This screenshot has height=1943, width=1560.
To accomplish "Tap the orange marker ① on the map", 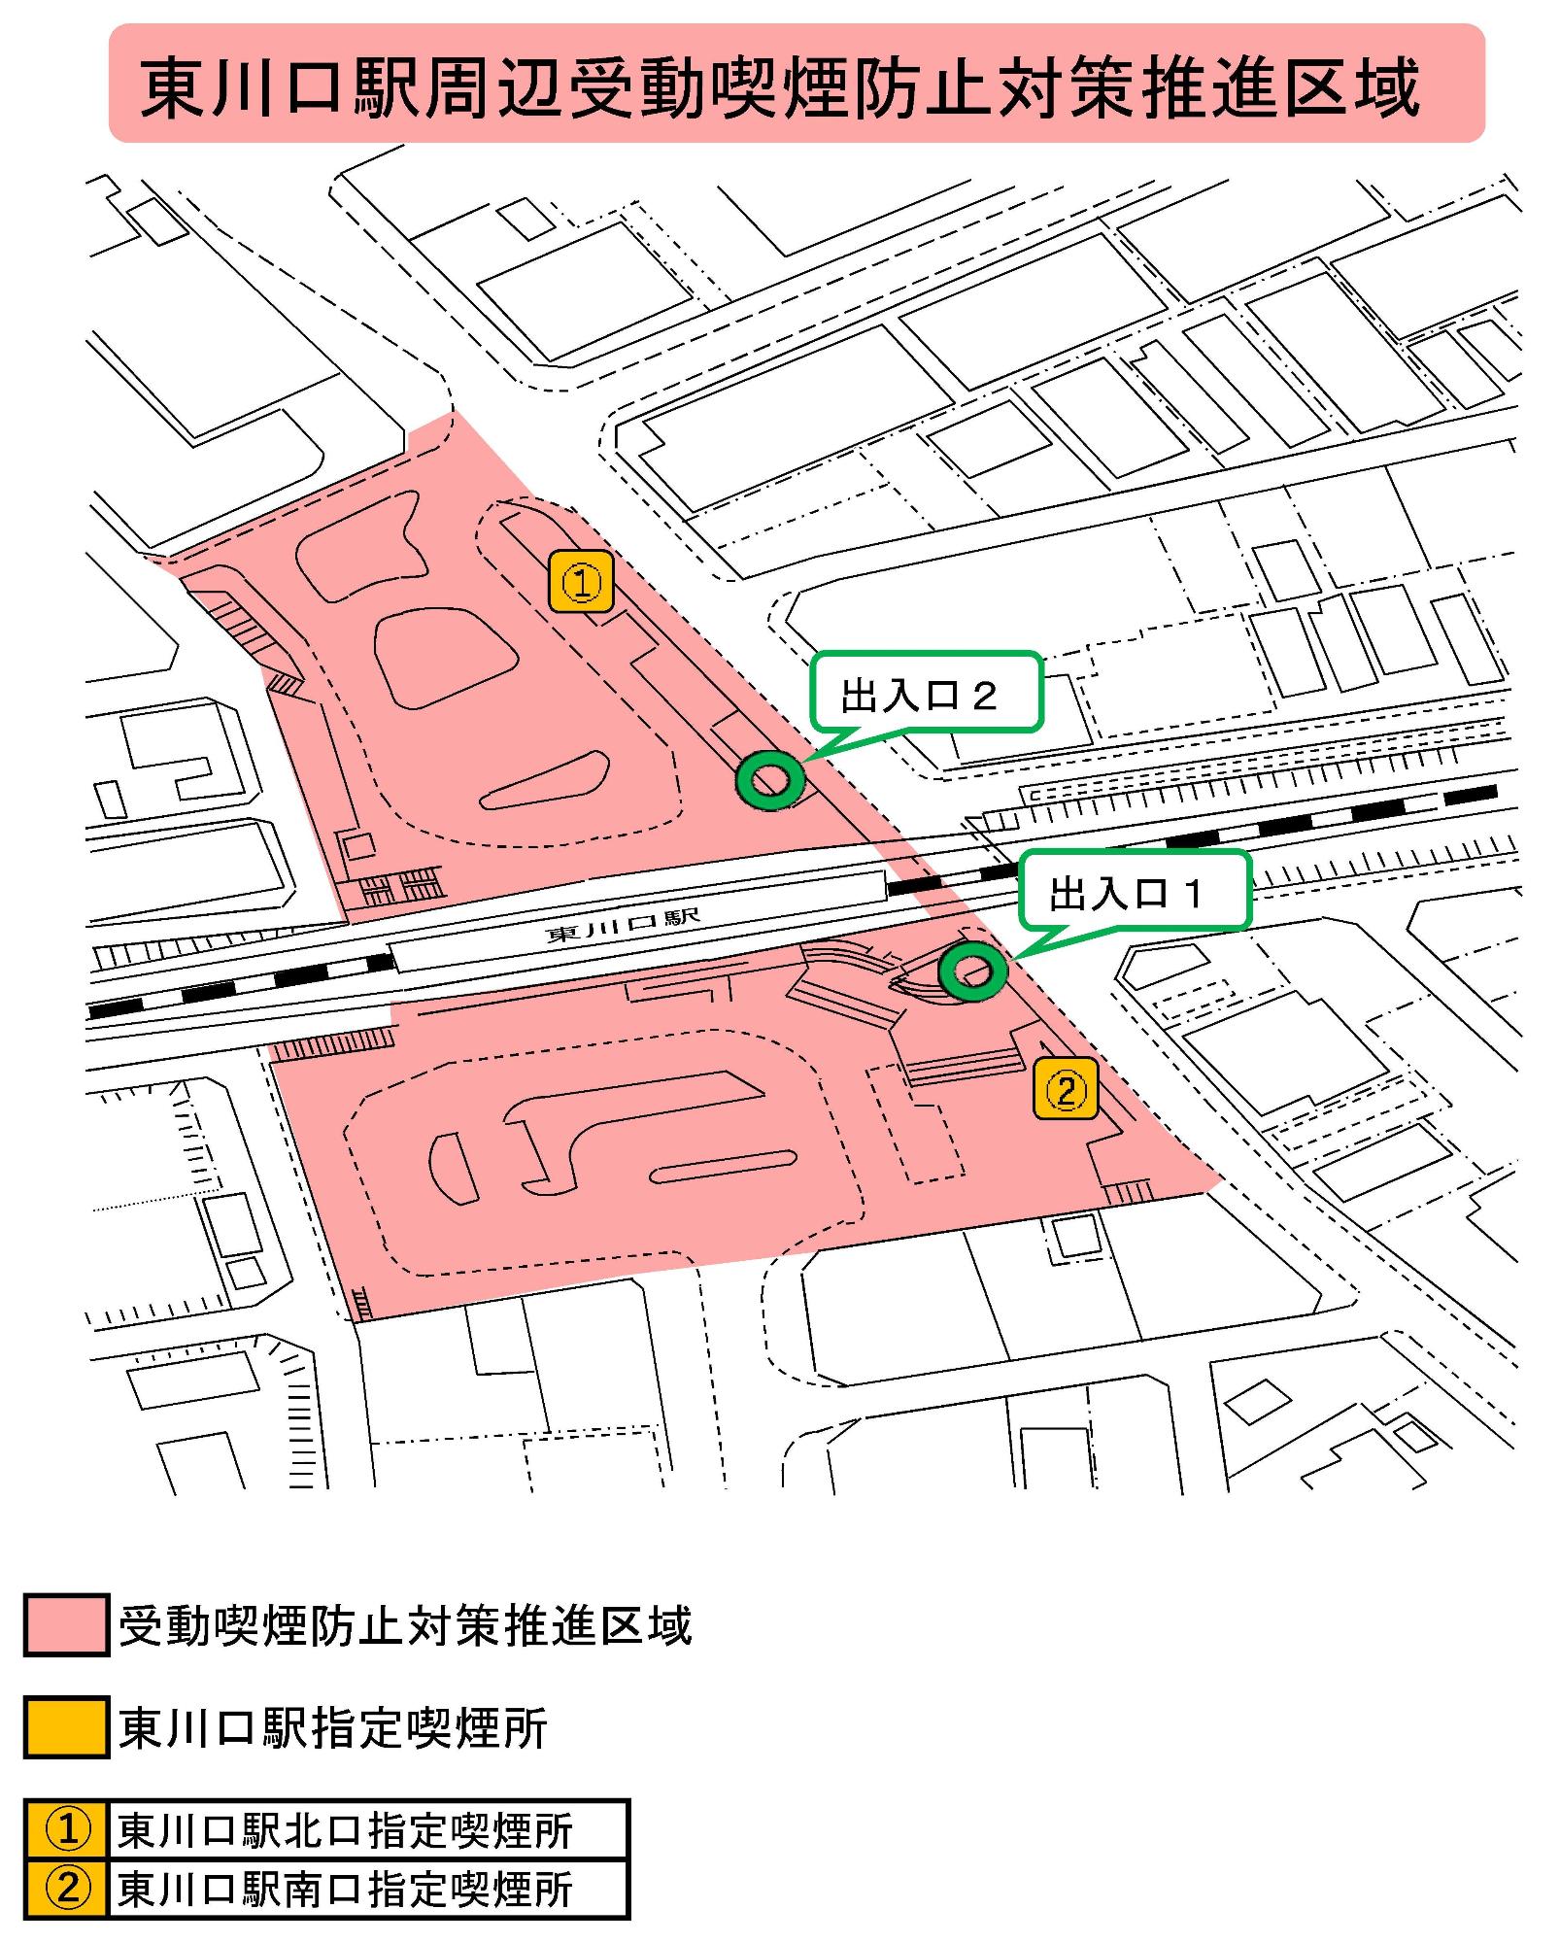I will pyautogui.click(x=581, y=582).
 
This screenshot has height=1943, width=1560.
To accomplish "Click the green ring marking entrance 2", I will pyautogui.click(x=769, y=779).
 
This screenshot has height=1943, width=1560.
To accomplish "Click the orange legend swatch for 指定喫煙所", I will pyautogui.click(x=65, y=1728).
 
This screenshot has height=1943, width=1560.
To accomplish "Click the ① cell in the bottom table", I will pyautogui.click(x=67, y=1829).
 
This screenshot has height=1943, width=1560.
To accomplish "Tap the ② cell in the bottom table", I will pyautogui.click(x=67, y=1889).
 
